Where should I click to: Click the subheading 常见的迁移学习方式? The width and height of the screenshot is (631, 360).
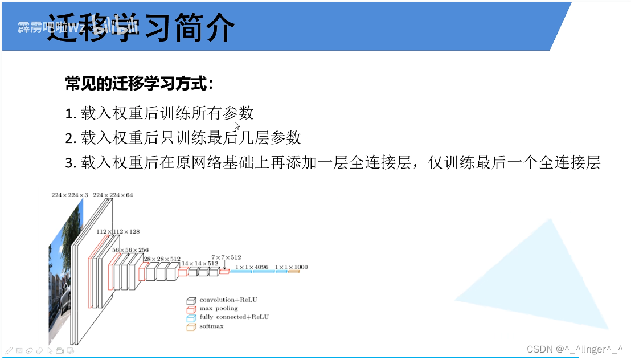tap(139, 85)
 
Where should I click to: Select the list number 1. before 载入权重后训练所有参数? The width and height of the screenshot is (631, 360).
tap(71, 113)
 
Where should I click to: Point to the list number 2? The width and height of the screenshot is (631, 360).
tap(71, 138)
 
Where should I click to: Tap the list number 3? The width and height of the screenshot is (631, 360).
tap(71, 163)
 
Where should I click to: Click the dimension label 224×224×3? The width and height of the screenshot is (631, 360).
tap(70, 195)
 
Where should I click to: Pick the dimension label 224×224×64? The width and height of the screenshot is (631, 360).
tap(113, 195)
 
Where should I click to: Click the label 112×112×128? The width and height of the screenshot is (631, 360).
tap(118, 232)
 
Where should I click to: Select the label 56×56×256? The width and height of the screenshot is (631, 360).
tap(130, 250)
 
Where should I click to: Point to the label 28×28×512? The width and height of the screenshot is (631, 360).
tap(162, 259)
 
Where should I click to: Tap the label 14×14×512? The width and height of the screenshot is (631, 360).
tap(200, 264)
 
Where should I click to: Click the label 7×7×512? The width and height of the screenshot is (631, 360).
tap(226, 257)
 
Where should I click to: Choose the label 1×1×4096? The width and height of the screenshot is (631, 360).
tap(252, 267)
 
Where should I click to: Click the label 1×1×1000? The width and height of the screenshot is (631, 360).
tap(291, 267)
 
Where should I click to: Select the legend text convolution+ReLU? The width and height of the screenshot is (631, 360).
tap(226, 300)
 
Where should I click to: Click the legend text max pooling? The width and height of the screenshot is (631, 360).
tap(219, 308)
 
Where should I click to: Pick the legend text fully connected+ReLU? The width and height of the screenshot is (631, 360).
tap(234, 317)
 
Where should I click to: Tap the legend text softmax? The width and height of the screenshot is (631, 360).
tap(211, 326)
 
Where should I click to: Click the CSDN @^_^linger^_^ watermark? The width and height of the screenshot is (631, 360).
tap(575, 349)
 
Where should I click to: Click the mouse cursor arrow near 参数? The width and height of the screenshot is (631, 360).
tap(237, 126)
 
